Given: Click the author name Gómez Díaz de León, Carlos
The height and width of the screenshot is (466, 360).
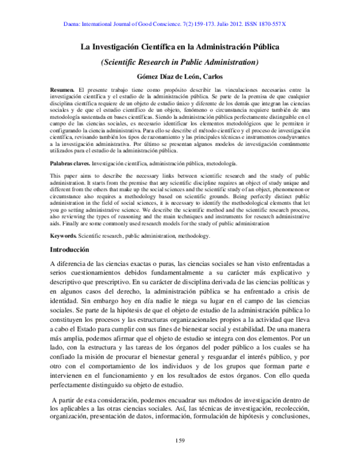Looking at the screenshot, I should pyautogui.click(x=180, y=77).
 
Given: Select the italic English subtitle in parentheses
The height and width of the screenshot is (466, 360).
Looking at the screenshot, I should pyautogui.click(x=180, y=61).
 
